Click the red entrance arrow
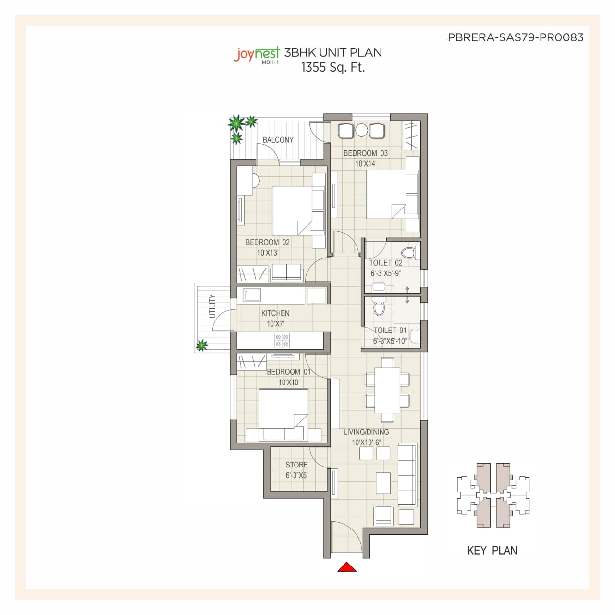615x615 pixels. click(x=347, y=567)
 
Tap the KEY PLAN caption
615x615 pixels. click(x=492, y=550)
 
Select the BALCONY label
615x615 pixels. click(x=278, y=140)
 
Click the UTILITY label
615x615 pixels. click(x=212, y=306)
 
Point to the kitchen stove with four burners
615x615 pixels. click(x=282, y=340)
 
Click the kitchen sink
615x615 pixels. click(x=252, y=295)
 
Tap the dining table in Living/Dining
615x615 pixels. click(x=387, y=390)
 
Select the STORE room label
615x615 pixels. click(x=296, y=465)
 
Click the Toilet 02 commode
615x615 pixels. click(x=409, y=252)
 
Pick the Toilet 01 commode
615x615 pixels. click(x=379, y=307)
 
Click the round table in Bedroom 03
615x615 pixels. click(x=362, y=130)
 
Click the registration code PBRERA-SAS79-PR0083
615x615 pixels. click(x=516, y=37)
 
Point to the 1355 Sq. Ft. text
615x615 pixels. click(x=333, y=67)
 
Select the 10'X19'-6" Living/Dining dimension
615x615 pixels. click(x=367, y=443)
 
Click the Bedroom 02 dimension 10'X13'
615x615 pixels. click(x=268, y=253)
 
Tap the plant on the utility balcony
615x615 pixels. click(x=201, y=345)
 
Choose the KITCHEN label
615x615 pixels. click(x=275, y=313)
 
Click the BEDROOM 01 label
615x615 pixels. click(x=288, y=372)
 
